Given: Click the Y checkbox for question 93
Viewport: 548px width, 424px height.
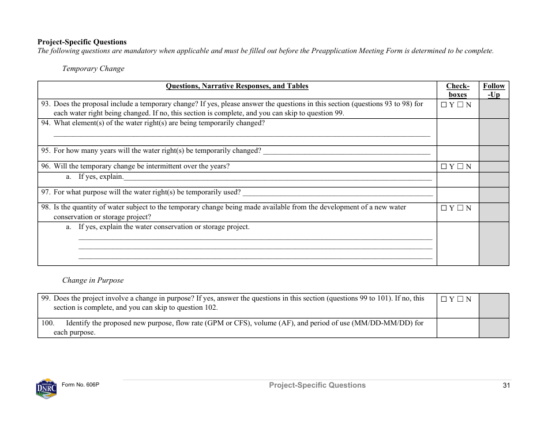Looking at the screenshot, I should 444,105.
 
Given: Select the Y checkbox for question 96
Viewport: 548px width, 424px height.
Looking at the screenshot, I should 444,167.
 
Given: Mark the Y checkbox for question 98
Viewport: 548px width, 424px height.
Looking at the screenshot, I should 444,208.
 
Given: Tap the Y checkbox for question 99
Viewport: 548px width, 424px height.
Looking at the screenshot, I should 444,299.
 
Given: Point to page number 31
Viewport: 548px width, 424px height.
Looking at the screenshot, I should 506,385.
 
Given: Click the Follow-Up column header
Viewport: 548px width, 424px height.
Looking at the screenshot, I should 494,90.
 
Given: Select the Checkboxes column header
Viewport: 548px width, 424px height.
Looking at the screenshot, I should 457,90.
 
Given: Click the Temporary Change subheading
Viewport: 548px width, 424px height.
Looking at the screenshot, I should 93,69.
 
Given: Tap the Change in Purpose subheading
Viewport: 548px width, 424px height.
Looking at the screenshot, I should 93,280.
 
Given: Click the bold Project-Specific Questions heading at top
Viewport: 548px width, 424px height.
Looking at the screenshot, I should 82,42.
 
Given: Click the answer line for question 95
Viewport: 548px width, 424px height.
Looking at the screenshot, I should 346,152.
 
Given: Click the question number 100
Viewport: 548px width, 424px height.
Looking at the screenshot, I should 47,323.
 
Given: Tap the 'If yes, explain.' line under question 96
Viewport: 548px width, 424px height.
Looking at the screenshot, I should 277,179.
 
